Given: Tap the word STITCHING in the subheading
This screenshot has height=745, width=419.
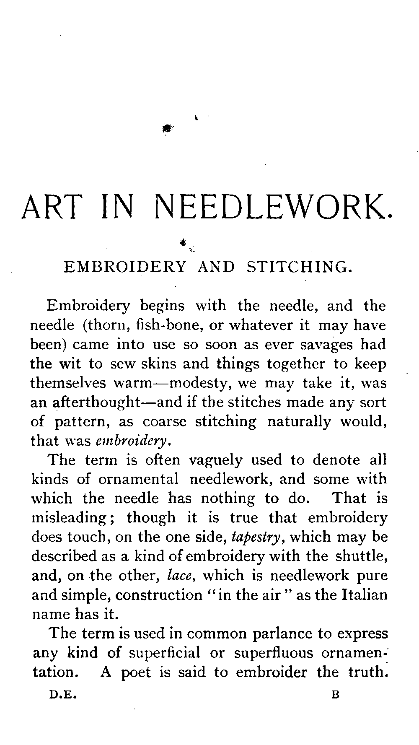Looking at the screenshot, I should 297,267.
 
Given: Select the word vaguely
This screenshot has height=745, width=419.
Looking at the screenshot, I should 215,460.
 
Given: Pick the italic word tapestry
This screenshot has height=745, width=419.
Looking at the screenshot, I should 255,537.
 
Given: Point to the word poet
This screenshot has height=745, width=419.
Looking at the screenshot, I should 136,672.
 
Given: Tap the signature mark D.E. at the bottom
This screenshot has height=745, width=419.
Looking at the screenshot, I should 62,695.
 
